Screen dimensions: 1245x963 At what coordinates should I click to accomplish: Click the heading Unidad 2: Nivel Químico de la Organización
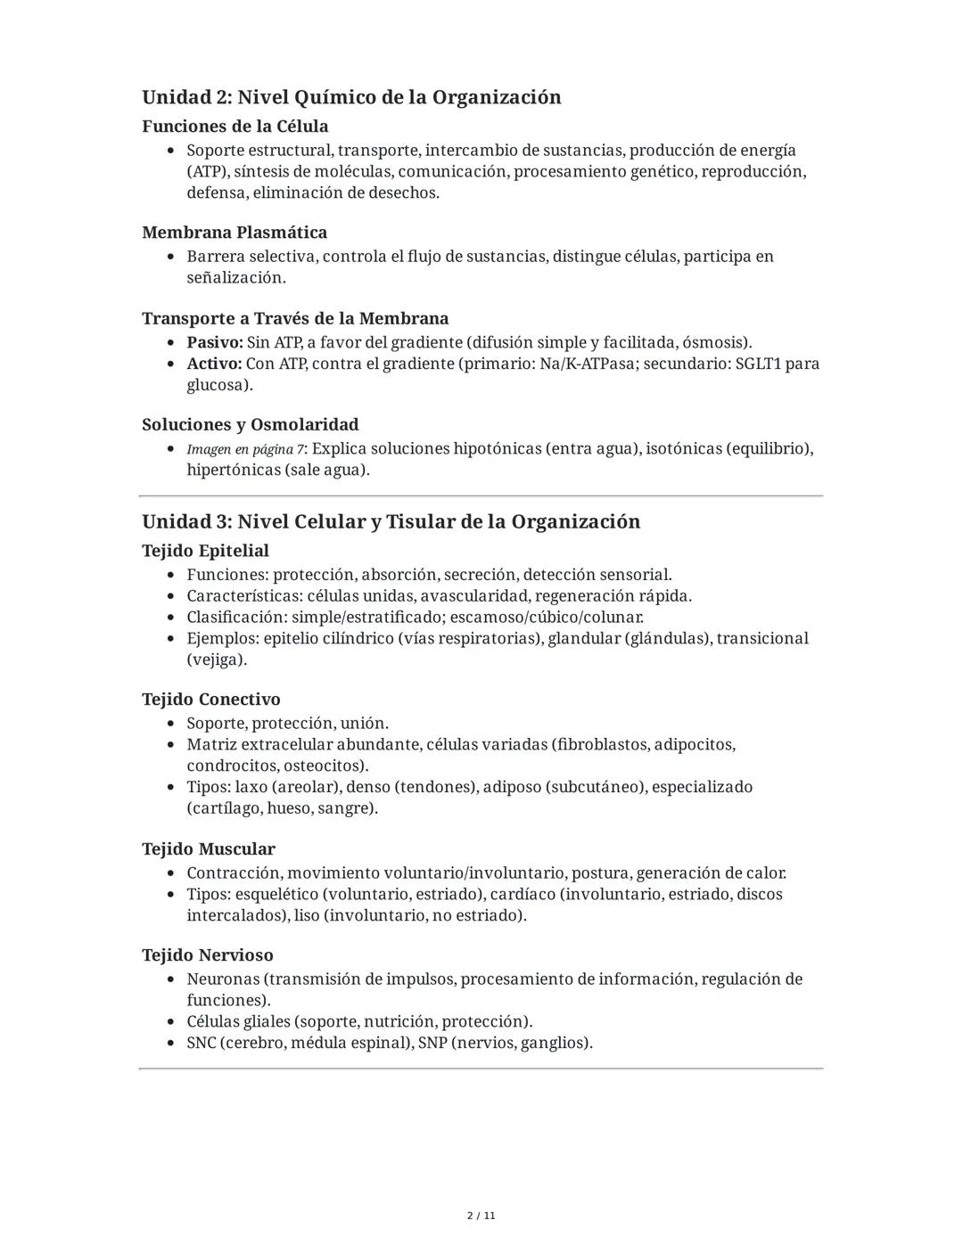point(351,97)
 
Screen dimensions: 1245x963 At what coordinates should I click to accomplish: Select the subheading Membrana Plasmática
point(235,233)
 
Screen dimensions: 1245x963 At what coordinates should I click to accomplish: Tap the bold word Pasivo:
point(214,343)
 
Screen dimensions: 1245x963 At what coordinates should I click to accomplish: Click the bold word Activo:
point(214,364)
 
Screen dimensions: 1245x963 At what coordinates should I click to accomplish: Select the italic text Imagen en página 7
point(245,449)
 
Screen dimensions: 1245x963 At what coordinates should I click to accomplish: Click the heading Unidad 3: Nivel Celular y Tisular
point(391,522)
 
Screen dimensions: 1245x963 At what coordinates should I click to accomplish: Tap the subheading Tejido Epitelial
point(205,551)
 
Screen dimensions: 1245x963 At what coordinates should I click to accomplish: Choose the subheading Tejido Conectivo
point(211,700)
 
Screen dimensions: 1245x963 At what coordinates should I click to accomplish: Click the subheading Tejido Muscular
point(209,849)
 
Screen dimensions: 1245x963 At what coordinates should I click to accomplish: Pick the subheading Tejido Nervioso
point(208,955)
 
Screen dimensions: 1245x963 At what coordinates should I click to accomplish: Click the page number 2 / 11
point(481,1216)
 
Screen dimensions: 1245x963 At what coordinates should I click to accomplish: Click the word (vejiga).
point(217,660)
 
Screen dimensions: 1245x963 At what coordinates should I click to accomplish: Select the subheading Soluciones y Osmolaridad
point(251,425)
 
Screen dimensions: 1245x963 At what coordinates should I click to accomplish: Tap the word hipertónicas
point(233,471)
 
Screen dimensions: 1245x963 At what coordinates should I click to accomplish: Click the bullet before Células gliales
point(171,1022)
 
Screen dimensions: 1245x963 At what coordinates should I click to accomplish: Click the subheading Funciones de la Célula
point(235,127)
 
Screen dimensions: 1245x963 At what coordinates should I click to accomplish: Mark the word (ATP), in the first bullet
point(208,172)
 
